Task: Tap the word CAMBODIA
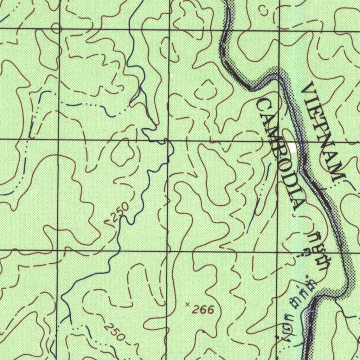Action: [281, 155]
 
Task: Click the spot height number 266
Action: [203, 310]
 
